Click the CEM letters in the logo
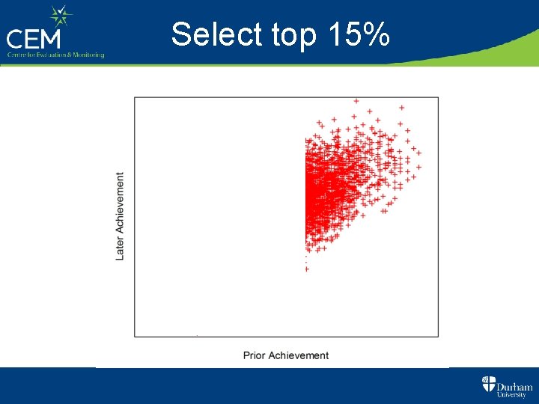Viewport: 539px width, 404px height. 35,37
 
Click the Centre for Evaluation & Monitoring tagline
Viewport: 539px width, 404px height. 55,55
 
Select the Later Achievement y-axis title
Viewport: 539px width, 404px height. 121,217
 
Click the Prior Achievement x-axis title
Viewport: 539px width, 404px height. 286,355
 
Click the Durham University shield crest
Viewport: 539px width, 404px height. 488,385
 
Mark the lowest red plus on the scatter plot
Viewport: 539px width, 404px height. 306,269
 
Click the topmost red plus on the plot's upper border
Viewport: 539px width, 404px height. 356,100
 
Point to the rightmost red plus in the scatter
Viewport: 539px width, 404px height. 418,153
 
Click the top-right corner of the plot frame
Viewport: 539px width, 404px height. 438,97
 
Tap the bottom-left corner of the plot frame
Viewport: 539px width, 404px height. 135,337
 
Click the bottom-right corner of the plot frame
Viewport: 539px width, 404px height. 438,337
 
